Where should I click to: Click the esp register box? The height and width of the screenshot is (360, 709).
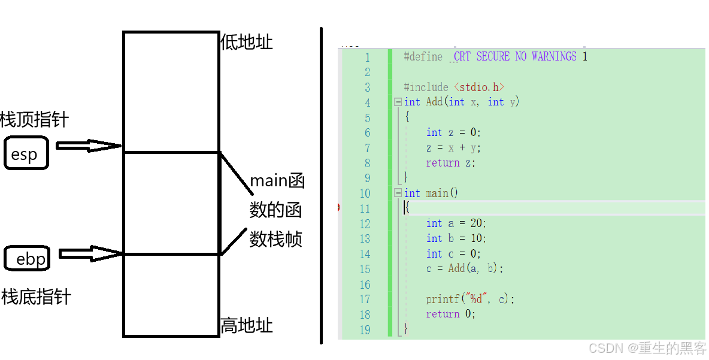click(26, 153)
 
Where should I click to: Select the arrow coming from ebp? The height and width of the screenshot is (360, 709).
click(90, 253)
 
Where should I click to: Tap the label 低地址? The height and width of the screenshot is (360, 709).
click(247, 42)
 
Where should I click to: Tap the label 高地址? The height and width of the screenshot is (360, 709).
click(247, 325)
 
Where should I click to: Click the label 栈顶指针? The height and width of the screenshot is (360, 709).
click(35, 119)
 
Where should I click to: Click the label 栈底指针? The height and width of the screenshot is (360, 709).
click(36, 297)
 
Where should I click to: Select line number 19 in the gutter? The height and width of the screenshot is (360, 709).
click(365, 329)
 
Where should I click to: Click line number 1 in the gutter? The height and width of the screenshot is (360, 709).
click(367, 58)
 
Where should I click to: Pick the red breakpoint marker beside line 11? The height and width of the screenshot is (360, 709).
click(339, 208)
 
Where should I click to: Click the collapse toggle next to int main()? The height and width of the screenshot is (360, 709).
click(398, 193)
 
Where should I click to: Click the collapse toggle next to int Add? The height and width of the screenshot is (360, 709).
click(398, 102)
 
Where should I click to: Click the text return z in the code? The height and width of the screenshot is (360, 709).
click(450, 163)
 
